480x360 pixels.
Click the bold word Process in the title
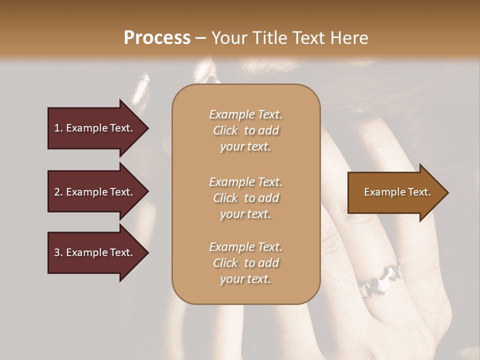[157, 38]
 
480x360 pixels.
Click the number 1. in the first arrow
[58, 128]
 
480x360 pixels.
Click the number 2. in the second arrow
[58, 192]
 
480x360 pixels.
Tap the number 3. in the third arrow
[58, 252]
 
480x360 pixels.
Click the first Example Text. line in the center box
[245, 114]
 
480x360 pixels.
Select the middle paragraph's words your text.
[245, 214]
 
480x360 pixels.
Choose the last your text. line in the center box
[245, 279]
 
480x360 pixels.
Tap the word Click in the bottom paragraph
[225, 263]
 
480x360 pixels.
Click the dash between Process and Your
[201, 38]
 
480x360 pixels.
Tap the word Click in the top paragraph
[225, 130]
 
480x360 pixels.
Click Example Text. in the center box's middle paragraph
[245, 182]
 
